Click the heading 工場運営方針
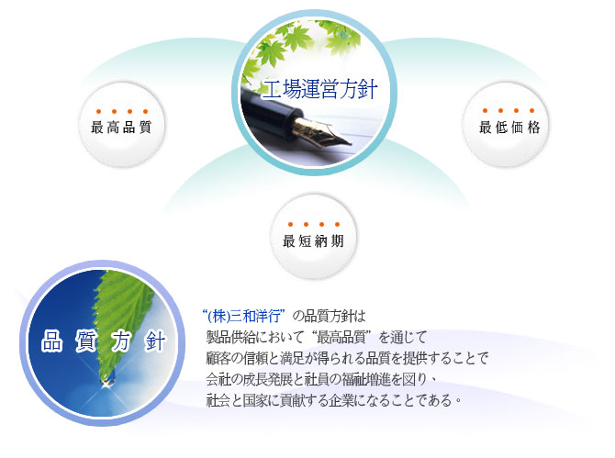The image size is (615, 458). click(319, 89)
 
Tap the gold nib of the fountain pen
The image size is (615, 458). click(317, 131)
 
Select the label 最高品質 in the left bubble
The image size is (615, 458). click(121, 127)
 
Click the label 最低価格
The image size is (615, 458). click(509, 127)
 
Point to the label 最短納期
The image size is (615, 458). click(313, 240)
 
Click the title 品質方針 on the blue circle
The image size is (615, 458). click(104, 341)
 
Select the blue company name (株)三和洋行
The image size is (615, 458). click(243, 316)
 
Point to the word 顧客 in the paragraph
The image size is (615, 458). click(218, 358)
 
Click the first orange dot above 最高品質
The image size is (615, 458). click(98, 111)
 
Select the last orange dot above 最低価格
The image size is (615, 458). click(531, 110)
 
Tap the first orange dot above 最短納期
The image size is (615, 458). click(290, 224)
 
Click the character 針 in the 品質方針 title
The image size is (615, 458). click(155, 341)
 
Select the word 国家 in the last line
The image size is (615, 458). click(255, 400)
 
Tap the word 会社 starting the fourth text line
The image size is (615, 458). click(218, 379)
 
